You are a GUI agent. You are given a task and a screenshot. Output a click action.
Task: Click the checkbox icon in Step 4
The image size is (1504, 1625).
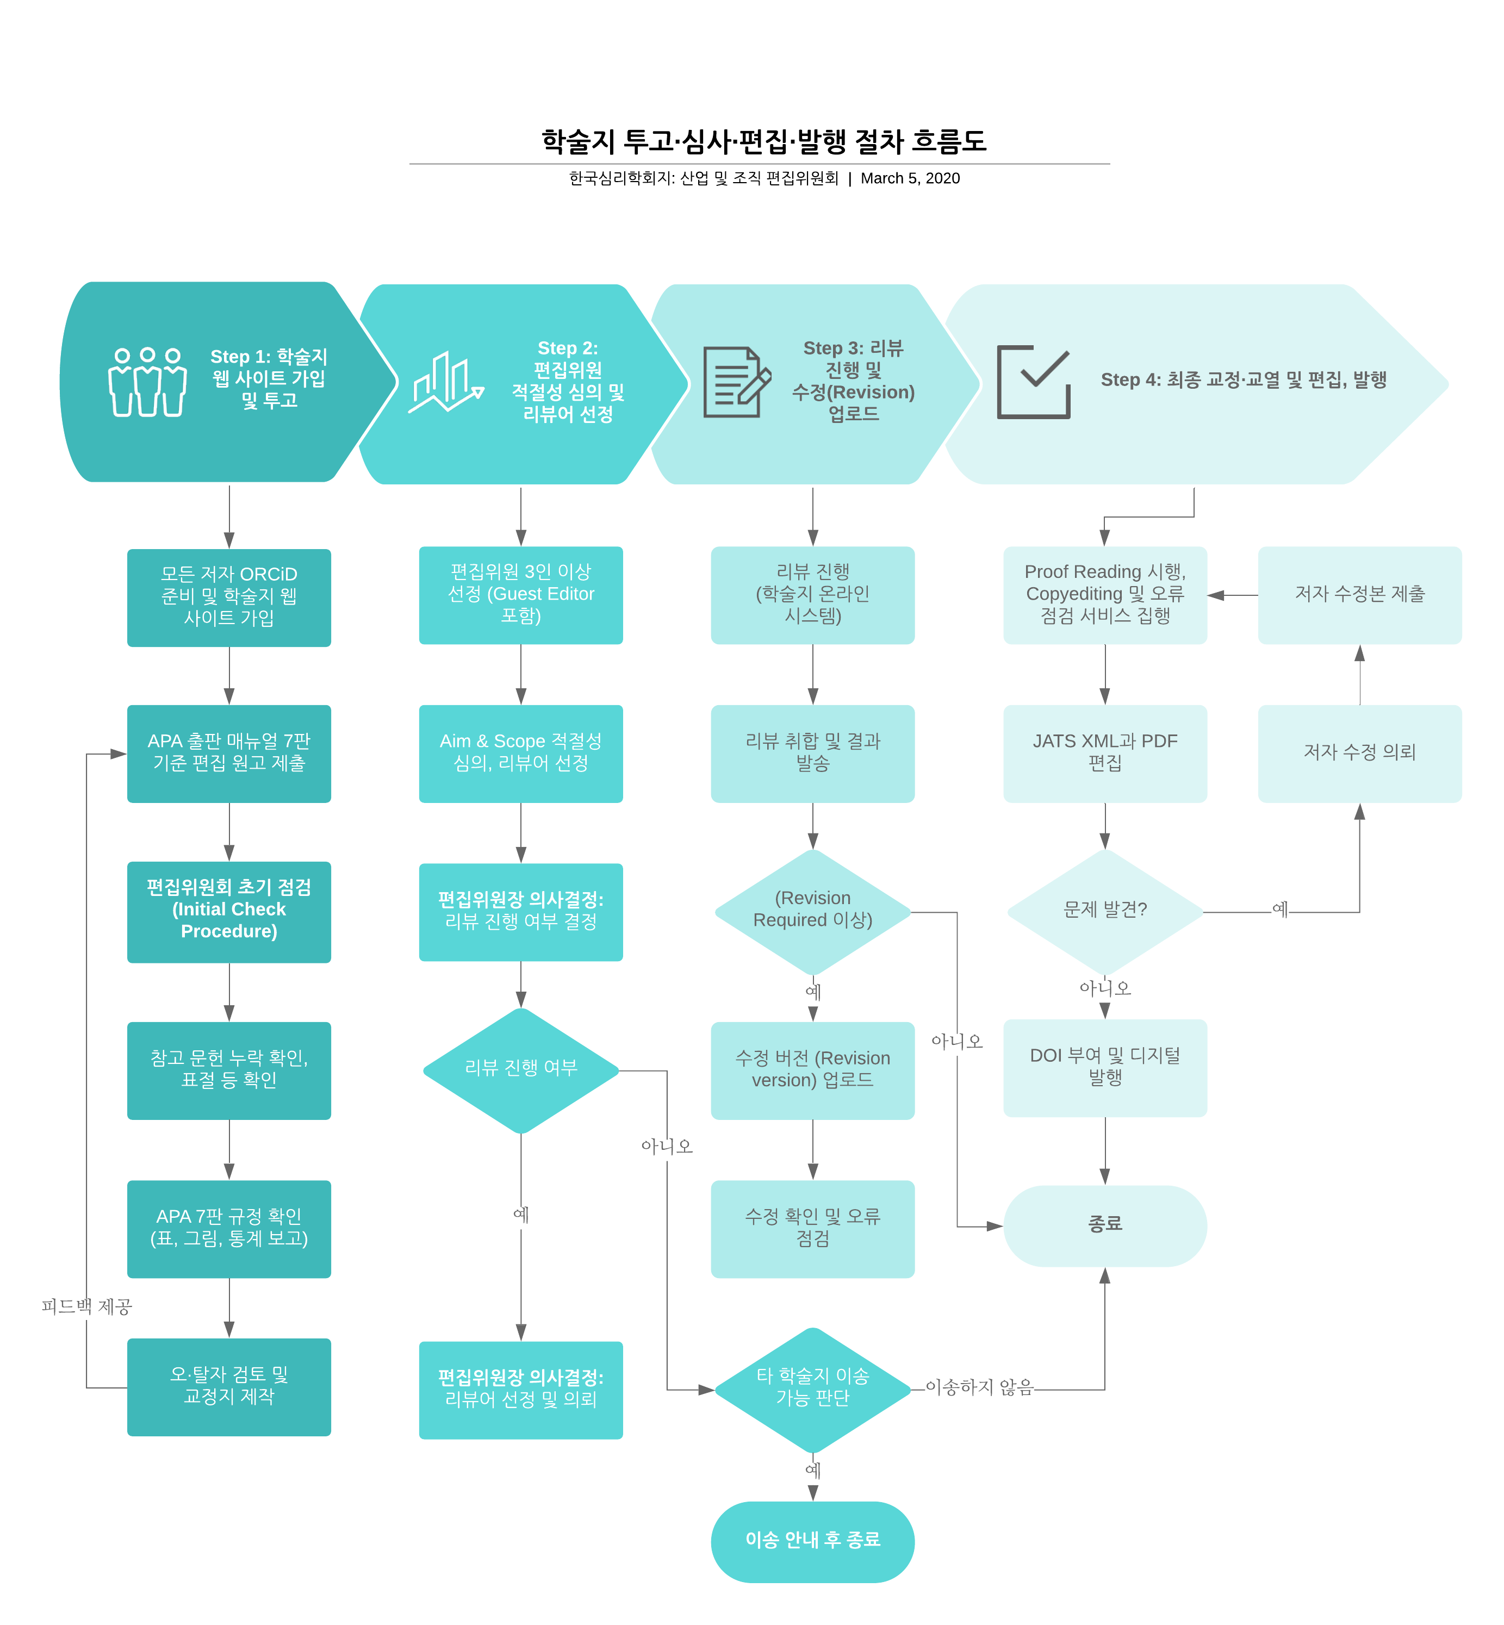point(1034,382)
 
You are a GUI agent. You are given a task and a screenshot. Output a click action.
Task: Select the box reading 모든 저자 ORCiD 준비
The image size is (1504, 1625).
point(229,596)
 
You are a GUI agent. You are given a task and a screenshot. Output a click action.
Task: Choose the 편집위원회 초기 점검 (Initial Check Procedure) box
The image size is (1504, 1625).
point(229,911)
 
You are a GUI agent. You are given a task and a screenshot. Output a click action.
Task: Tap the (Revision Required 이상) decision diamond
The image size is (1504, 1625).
point(812,911)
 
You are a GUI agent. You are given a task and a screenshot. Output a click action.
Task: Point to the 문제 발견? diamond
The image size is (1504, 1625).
point(1104,911)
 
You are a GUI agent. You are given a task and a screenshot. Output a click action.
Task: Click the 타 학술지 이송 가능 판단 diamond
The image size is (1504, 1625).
point(812,1388)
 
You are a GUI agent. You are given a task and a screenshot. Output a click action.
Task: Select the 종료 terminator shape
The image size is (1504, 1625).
point(1104,1225)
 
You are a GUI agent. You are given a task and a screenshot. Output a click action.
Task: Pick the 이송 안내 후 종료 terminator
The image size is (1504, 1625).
point(812,1540)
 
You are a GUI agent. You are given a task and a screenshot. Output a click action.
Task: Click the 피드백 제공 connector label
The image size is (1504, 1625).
point(86,1306)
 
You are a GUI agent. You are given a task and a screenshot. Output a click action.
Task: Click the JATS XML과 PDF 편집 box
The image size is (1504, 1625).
point(1104,752)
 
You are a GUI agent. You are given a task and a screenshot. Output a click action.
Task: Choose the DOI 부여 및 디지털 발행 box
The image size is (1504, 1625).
point(1104,1067)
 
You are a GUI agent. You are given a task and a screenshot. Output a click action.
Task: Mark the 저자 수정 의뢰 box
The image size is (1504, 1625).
point(1359,752)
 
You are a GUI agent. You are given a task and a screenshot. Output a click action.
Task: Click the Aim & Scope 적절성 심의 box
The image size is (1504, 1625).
point(521,752)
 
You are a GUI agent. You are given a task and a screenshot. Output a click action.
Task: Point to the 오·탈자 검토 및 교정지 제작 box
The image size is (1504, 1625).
point(229,1386)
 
